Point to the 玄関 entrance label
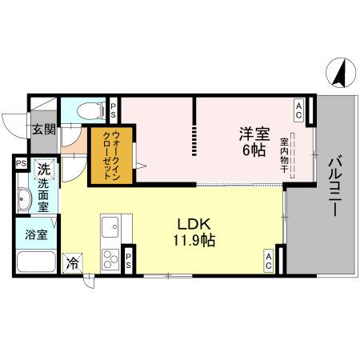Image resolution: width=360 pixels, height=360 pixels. [43, 130]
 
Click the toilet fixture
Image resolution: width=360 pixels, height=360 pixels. [86, 110]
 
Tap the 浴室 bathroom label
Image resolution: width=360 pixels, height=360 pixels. [35, 236]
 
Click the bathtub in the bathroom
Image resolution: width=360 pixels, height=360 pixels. [36, 262]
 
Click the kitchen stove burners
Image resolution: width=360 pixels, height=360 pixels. [110, 258]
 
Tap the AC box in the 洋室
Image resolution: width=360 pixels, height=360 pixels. [298, 106]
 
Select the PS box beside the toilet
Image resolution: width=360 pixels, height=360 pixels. [114, 110]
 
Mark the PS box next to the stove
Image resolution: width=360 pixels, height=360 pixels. [128, 258]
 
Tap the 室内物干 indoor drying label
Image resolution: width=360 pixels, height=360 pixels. [284, 156]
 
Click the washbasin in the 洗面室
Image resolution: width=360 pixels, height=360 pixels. [22, 201]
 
